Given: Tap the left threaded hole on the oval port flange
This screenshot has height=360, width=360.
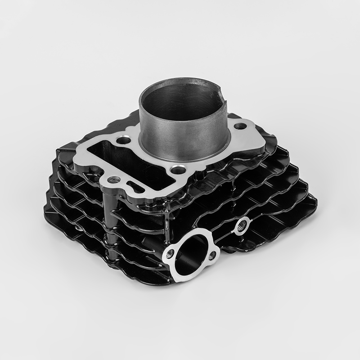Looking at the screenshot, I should pos(170,253).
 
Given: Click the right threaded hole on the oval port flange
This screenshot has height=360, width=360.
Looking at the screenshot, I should pos(212,256).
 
